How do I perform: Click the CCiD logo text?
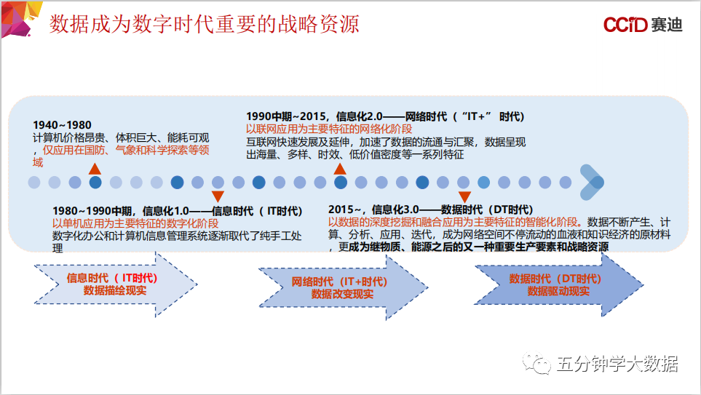coord(625,25)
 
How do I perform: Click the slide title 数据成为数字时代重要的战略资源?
coord(205,24)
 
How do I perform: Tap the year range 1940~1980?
coord(62,125)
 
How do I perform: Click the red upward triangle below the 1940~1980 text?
coord(95,169)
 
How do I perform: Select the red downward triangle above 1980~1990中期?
coord(218,196)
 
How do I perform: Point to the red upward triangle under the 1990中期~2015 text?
coord(340,169)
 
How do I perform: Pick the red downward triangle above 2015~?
coord(464,196)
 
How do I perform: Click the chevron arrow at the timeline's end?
coord(592,183)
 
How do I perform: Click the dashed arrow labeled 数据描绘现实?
coord(115,284)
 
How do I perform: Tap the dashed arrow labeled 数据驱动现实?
coord(559,284)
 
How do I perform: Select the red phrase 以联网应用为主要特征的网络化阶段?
coord(329,129)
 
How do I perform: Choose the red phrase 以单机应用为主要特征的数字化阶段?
coord(135,223)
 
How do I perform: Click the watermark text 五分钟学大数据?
coord(617,364)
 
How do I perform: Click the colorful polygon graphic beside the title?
coord(21,19)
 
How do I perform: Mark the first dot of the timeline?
coord(34,183)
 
